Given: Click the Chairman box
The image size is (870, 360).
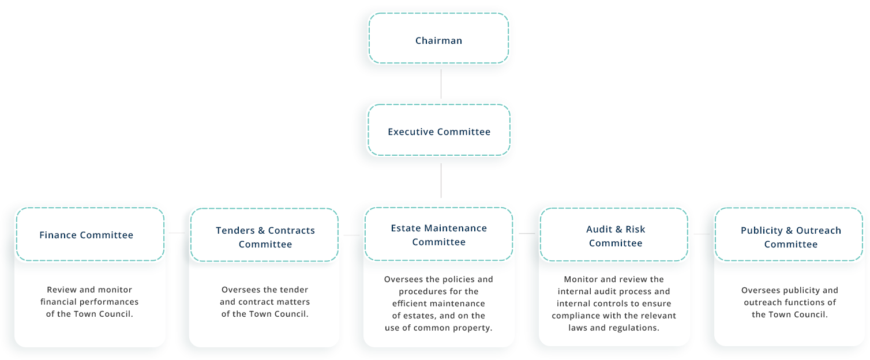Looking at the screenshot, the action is point(438,38).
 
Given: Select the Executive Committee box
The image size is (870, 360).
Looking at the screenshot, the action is point(439,130).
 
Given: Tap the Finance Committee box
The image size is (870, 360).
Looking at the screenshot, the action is point(90,234).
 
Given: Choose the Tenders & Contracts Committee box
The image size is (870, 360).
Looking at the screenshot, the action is point(264,235).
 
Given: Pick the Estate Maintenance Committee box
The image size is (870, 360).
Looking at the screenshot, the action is point(439,234).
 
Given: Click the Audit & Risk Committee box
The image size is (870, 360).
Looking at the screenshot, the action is point(614,235).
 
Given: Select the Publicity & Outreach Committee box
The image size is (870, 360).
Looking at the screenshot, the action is point(789,234).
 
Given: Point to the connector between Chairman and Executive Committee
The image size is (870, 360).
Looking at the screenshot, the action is point(441,84).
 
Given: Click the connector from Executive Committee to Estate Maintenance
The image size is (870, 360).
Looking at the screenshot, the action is point(441,181).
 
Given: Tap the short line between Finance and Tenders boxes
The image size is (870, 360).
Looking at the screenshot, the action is point(177,232).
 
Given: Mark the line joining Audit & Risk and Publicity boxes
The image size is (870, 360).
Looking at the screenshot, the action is point(702,234).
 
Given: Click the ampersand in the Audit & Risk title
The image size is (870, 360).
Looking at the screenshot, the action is point(617,229).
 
